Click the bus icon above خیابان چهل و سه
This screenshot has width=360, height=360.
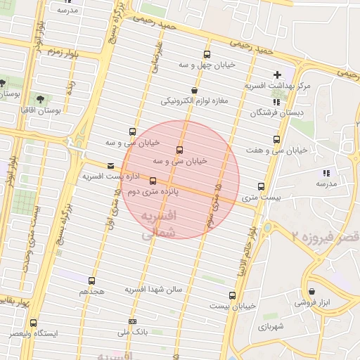pos(207,54)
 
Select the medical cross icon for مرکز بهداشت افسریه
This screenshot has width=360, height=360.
pos(277,75)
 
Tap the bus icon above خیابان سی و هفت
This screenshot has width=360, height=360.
pos(276,139)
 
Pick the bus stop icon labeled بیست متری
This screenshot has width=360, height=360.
pos(262,186)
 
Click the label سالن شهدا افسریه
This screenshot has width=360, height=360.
pos(154,289)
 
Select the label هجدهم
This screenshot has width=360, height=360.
pos(92,290)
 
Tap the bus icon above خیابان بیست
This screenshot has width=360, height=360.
pos(233,295)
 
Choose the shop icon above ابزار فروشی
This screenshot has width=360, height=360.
pos(312,291)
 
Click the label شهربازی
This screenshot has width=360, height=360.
pos(269,327)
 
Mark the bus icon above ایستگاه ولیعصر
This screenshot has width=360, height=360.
pos(33,323)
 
